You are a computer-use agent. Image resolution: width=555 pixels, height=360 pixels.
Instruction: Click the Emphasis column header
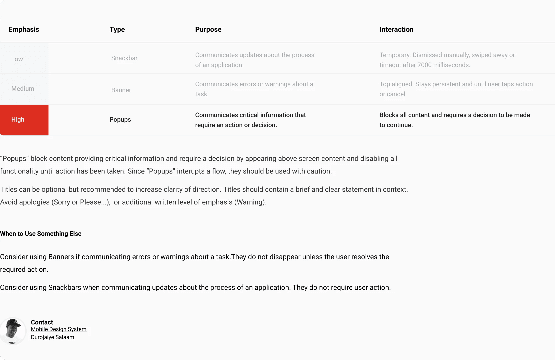pyautogui.click(x=24, y=29)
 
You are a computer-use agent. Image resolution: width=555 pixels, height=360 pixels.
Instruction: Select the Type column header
pyautogui.click(x=117, y=29)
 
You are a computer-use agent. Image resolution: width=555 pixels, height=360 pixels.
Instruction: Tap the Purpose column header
pyautogui.click(x=208, y=29)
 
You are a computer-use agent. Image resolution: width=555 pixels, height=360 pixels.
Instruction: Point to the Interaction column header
pyautogui.click(x=396, y=29)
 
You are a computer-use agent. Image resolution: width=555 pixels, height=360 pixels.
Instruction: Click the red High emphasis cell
pyautogui.click(x=24, y=120)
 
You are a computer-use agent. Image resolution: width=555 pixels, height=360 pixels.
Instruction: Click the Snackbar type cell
pyautogui.click(x=124, y=58)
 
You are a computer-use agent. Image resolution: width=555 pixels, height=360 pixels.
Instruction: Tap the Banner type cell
pyautogui.click(x=121, y=90)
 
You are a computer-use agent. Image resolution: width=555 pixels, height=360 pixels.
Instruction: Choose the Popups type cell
pyautogui.click(x=120, y=120)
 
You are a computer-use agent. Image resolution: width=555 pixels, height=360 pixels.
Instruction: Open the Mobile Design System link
pyautogui.click(x=58, y=329)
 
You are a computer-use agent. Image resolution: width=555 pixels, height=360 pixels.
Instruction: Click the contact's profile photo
pyautogui.click(x=13, y=331)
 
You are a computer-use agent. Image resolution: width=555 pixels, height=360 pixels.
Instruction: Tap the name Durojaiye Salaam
pyautogui.click(x=52, y=337)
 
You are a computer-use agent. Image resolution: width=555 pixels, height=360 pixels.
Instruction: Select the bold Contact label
pyautogui.click(x=42, y=322)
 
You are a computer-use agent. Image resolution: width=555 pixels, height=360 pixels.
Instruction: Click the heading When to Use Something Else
pyautogui.click(x=41, y=234)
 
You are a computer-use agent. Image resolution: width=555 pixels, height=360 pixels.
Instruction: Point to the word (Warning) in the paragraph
pyautogui.click(x=250, y=202)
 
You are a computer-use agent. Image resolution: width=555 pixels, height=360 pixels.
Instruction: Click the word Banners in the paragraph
pyautogui.click(x=61, y=257)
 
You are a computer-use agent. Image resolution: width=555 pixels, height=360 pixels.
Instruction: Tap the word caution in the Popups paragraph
pyautogui.click(x=320, y=171)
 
